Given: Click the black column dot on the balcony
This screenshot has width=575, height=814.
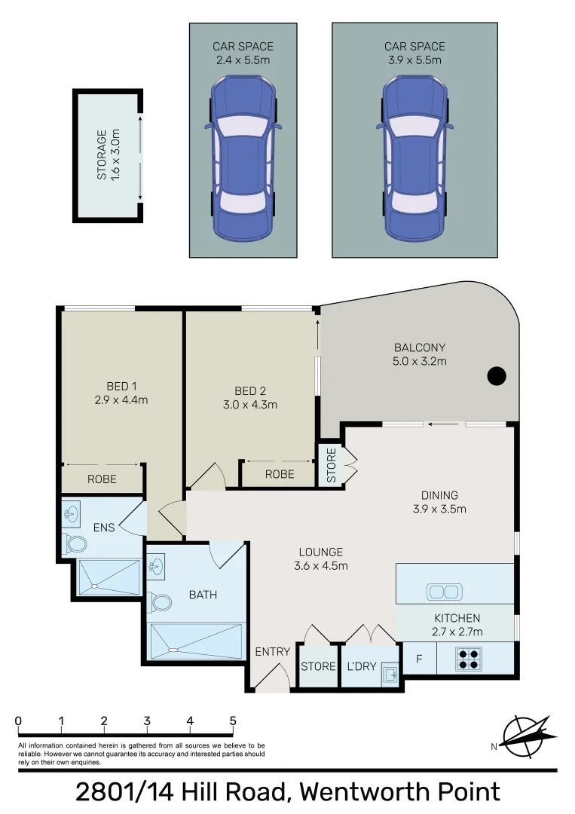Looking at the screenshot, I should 496,375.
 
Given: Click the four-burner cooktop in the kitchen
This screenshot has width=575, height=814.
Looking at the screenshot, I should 469,659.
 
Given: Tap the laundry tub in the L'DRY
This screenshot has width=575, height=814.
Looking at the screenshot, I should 389,674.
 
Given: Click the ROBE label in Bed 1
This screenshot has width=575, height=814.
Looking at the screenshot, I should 102,479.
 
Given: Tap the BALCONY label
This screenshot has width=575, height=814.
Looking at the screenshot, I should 420,347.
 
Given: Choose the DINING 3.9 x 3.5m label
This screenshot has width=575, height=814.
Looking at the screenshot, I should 440,502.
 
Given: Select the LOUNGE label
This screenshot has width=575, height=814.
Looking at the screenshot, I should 320,552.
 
